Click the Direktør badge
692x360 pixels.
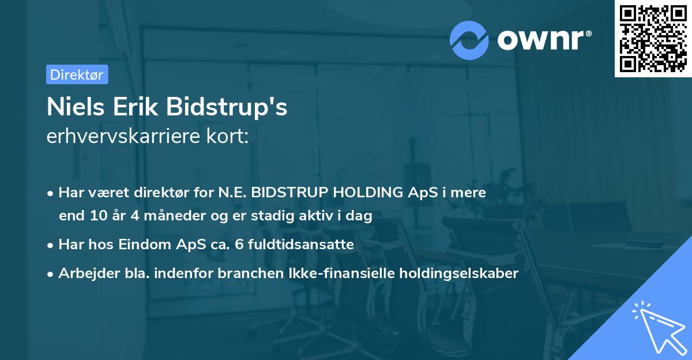coord(77,74)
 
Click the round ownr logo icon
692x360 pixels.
coord(469,40)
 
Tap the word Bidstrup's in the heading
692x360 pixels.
coord(227,108)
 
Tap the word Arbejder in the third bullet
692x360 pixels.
coord(83,273)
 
